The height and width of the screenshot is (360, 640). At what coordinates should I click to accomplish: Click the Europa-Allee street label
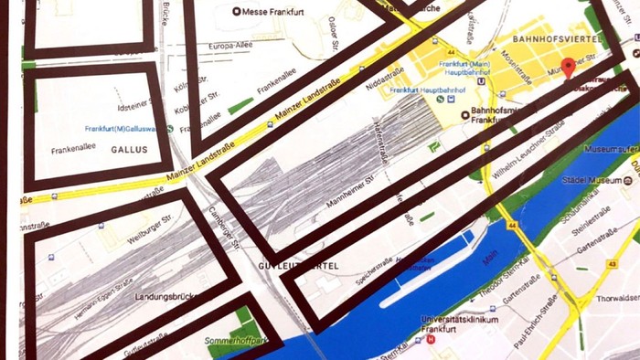229,46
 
